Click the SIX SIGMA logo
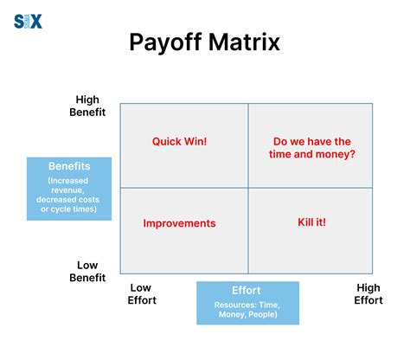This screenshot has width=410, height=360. coord(28,21)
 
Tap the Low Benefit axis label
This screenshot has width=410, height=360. coord(87,271)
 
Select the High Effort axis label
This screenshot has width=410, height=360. coord(368,293)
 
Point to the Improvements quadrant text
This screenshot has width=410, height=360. coord(179,223)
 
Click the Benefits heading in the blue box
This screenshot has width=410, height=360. coord(69,165)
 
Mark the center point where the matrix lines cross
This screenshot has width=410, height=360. coord(248,187)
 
